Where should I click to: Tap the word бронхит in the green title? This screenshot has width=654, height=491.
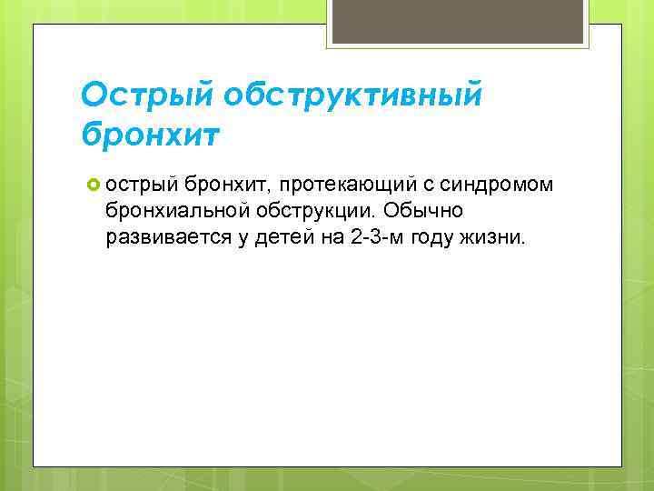(150, 134)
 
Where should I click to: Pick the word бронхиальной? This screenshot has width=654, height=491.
(170, 212)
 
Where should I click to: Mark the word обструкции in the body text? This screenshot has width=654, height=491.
(307, 212)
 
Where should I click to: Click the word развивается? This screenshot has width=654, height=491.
(161, 238)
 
